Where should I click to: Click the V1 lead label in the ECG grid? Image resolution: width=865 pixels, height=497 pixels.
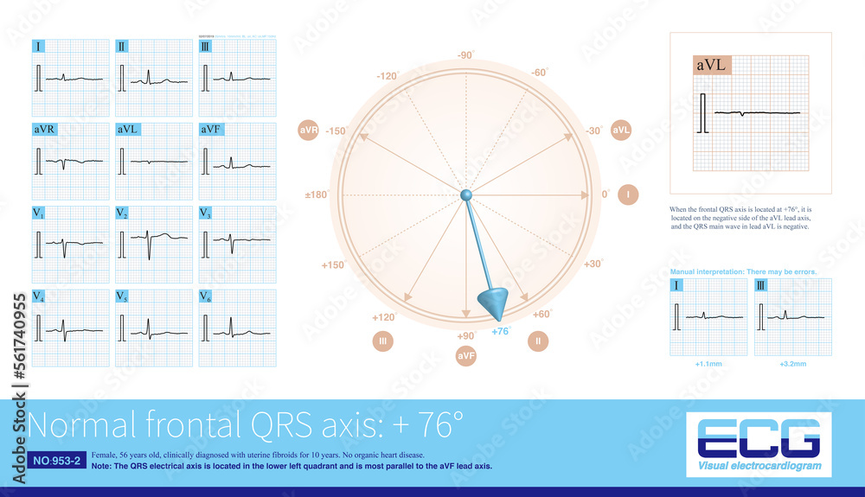click(x=40, y=213)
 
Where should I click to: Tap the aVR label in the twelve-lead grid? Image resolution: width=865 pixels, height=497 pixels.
click(x=45, y=130)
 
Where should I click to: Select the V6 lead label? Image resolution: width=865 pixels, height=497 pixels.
click(x=206, y=296)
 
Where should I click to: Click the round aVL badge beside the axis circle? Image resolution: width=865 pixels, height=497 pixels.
click(x=621, y=131)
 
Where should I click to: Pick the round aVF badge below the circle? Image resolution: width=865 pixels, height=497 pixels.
click(x=466, y=355)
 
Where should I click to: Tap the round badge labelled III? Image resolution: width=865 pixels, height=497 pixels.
click(x=384, y=341)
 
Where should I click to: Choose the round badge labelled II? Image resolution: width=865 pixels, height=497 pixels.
click(x=537, y=341)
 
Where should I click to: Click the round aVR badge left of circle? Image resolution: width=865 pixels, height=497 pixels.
click(x=308, y=131)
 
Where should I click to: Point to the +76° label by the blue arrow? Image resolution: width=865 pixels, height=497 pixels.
click(x=501, y=331)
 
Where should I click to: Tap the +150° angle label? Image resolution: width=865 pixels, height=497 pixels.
click(x=333, y=265)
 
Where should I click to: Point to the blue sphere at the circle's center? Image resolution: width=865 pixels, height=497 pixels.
click(x=465, y=195)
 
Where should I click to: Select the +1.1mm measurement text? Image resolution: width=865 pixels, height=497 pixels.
click(x=708, y=365)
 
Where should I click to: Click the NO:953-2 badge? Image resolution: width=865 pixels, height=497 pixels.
click(x=55, y=461)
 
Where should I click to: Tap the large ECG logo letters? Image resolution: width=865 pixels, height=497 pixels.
click(x=758, y=437)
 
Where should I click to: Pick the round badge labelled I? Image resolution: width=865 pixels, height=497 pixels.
click(x=628, y=195)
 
